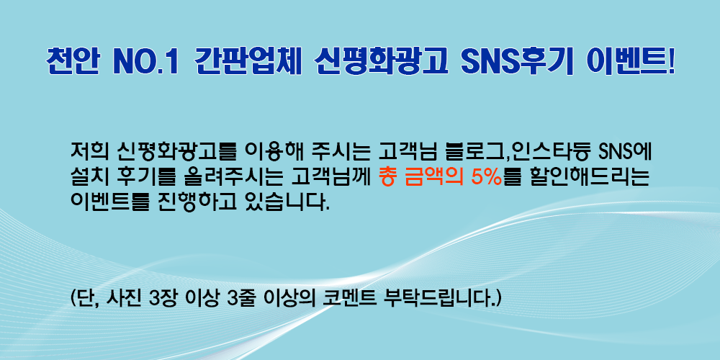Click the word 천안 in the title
pyautogui.click(x=72, y=60)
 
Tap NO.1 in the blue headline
pyautogui.click(x=145, y=61)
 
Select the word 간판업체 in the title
pyautogui.click(x=248, y=60)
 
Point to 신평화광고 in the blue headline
pyautogui.click(x=381, y=60)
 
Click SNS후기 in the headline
pyautogui.click(x=516, y=60)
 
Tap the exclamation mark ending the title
pyautogui.click(x=671, y=60)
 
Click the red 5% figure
pyautogui.click(x=487, y=176)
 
